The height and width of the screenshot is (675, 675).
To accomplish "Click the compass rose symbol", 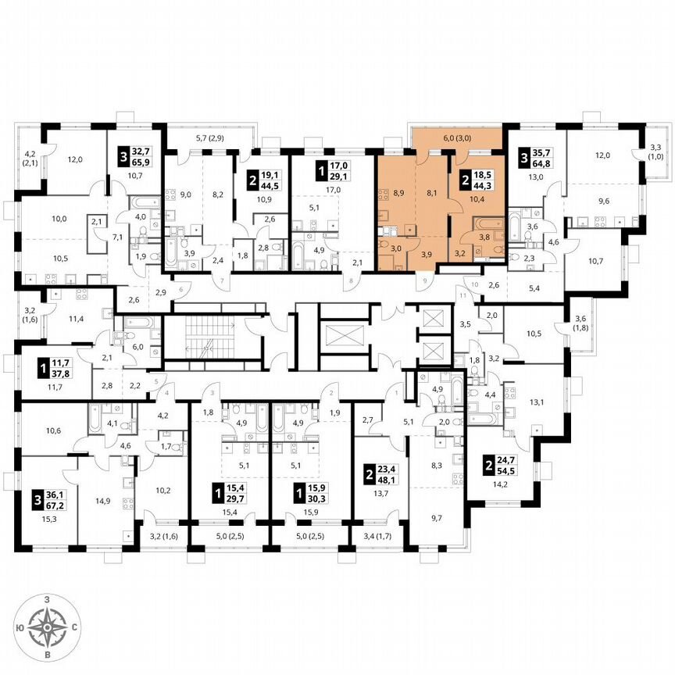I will tap(48, 626).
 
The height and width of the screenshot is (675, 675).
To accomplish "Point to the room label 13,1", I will tap(535, 402).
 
